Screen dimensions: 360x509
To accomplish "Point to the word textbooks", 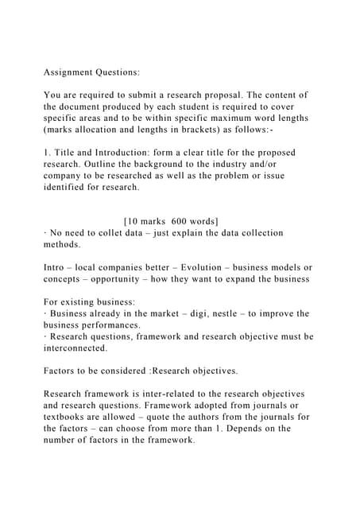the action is pyautogui.click(x=68, y=418).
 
